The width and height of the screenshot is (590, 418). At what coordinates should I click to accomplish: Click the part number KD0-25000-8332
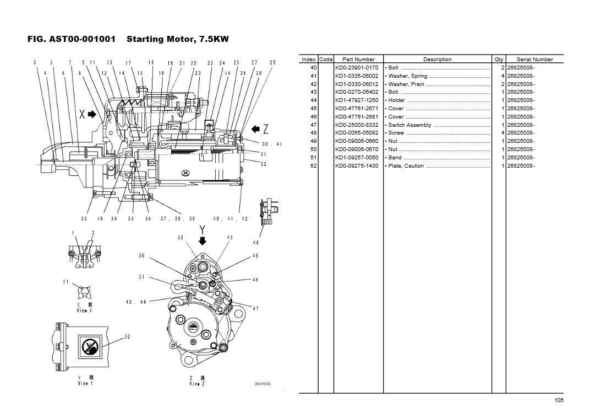[x=357, y=125]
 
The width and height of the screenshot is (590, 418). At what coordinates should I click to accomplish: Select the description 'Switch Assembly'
[x=410, y=125]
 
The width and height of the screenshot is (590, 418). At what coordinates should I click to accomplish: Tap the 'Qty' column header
[x=499, y=60]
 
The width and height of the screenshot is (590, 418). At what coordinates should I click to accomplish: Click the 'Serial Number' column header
[x=534, y=60]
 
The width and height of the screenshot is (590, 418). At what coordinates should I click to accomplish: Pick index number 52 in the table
[x=313, y=166]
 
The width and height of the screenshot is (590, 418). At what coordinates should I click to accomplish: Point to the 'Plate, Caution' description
[x=406, y=166]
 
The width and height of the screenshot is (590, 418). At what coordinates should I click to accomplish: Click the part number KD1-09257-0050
[x=357, y=158]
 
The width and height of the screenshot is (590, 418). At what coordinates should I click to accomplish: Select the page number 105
[x=559, y=400]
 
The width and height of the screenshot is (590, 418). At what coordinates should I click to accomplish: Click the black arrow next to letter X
[x=91, y=115]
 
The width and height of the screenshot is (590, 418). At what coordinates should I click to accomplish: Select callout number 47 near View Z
[x=255, y=309]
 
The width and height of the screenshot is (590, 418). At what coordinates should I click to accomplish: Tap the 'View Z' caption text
[x=194, y=384]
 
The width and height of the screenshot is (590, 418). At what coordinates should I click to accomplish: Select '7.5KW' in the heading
[x=214, y=39]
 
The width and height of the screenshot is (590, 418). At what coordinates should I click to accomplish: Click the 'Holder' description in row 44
[x=397, y=100]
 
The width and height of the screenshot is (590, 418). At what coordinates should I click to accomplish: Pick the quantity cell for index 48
[x=503, y=133]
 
